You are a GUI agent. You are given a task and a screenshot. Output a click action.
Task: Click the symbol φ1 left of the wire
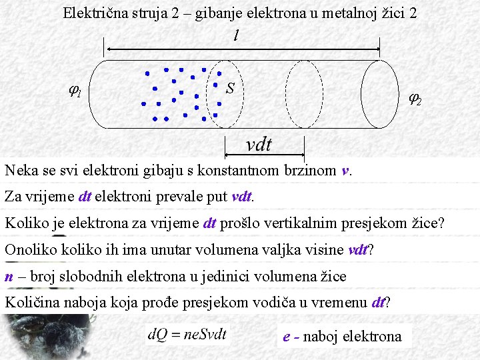[75, 91]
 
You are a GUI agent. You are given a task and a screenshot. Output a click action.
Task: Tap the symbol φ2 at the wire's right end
[414, 99]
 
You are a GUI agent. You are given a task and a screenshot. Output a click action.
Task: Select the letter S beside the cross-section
[230, 88]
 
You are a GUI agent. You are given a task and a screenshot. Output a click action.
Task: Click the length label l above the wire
[236, 36]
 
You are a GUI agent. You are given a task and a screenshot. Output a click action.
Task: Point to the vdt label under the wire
[259, 144]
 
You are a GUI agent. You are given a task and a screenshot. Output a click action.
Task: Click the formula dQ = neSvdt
[187, 334]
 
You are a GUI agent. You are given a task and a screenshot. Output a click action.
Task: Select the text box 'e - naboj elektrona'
[343, 337]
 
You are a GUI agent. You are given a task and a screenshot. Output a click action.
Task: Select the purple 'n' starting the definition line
[9, 277]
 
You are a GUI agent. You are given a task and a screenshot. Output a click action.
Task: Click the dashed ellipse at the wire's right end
[381, 94]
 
